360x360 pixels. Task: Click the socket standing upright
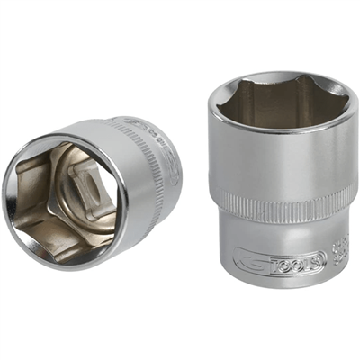coord(278,180)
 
